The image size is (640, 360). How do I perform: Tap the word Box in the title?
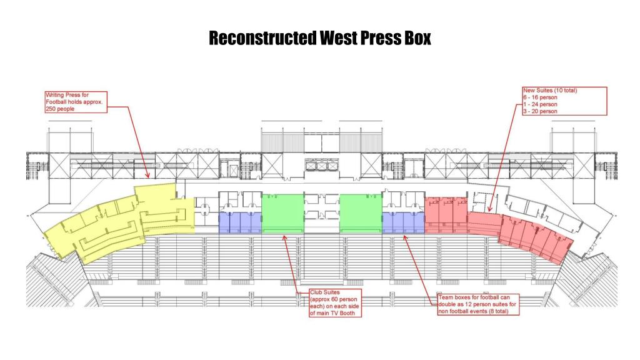(x=415, y=38)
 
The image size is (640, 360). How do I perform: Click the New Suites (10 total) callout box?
(x=564, y=101)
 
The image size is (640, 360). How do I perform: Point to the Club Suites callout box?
(x=336, y=303)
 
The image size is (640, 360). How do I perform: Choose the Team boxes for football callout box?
(x=478, y=306)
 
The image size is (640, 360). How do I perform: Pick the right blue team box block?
(x=402, y=222)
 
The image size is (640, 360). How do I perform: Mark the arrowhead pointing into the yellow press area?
(x=147, y=178)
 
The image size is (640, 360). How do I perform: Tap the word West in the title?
(x=337, y=38)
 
